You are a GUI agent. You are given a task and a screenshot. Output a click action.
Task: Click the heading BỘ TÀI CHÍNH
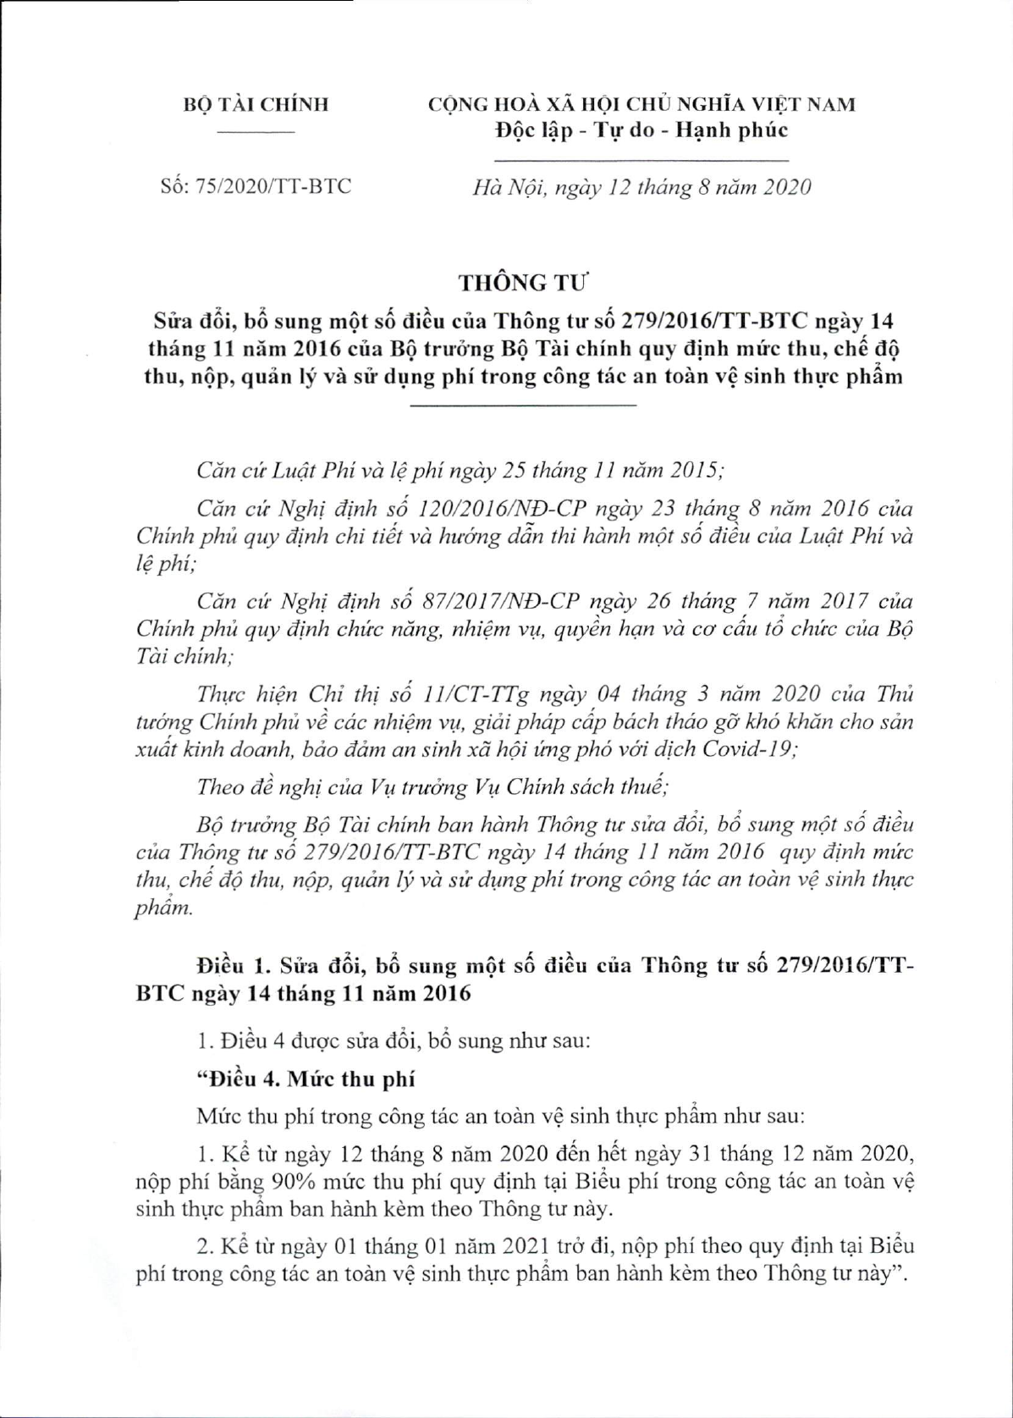(x=256, y=105)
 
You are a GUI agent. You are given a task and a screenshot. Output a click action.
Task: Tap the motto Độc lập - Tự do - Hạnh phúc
(x=641, y=130)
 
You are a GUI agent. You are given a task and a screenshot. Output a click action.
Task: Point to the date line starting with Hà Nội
(x=641, y=187)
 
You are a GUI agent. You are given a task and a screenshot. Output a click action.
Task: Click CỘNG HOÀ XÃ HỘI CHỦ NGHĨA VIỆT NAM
(x=641, y=105)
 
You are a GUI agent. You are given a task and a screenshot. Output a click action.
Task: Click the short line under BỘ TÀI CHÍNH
(x=256, y=133)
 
